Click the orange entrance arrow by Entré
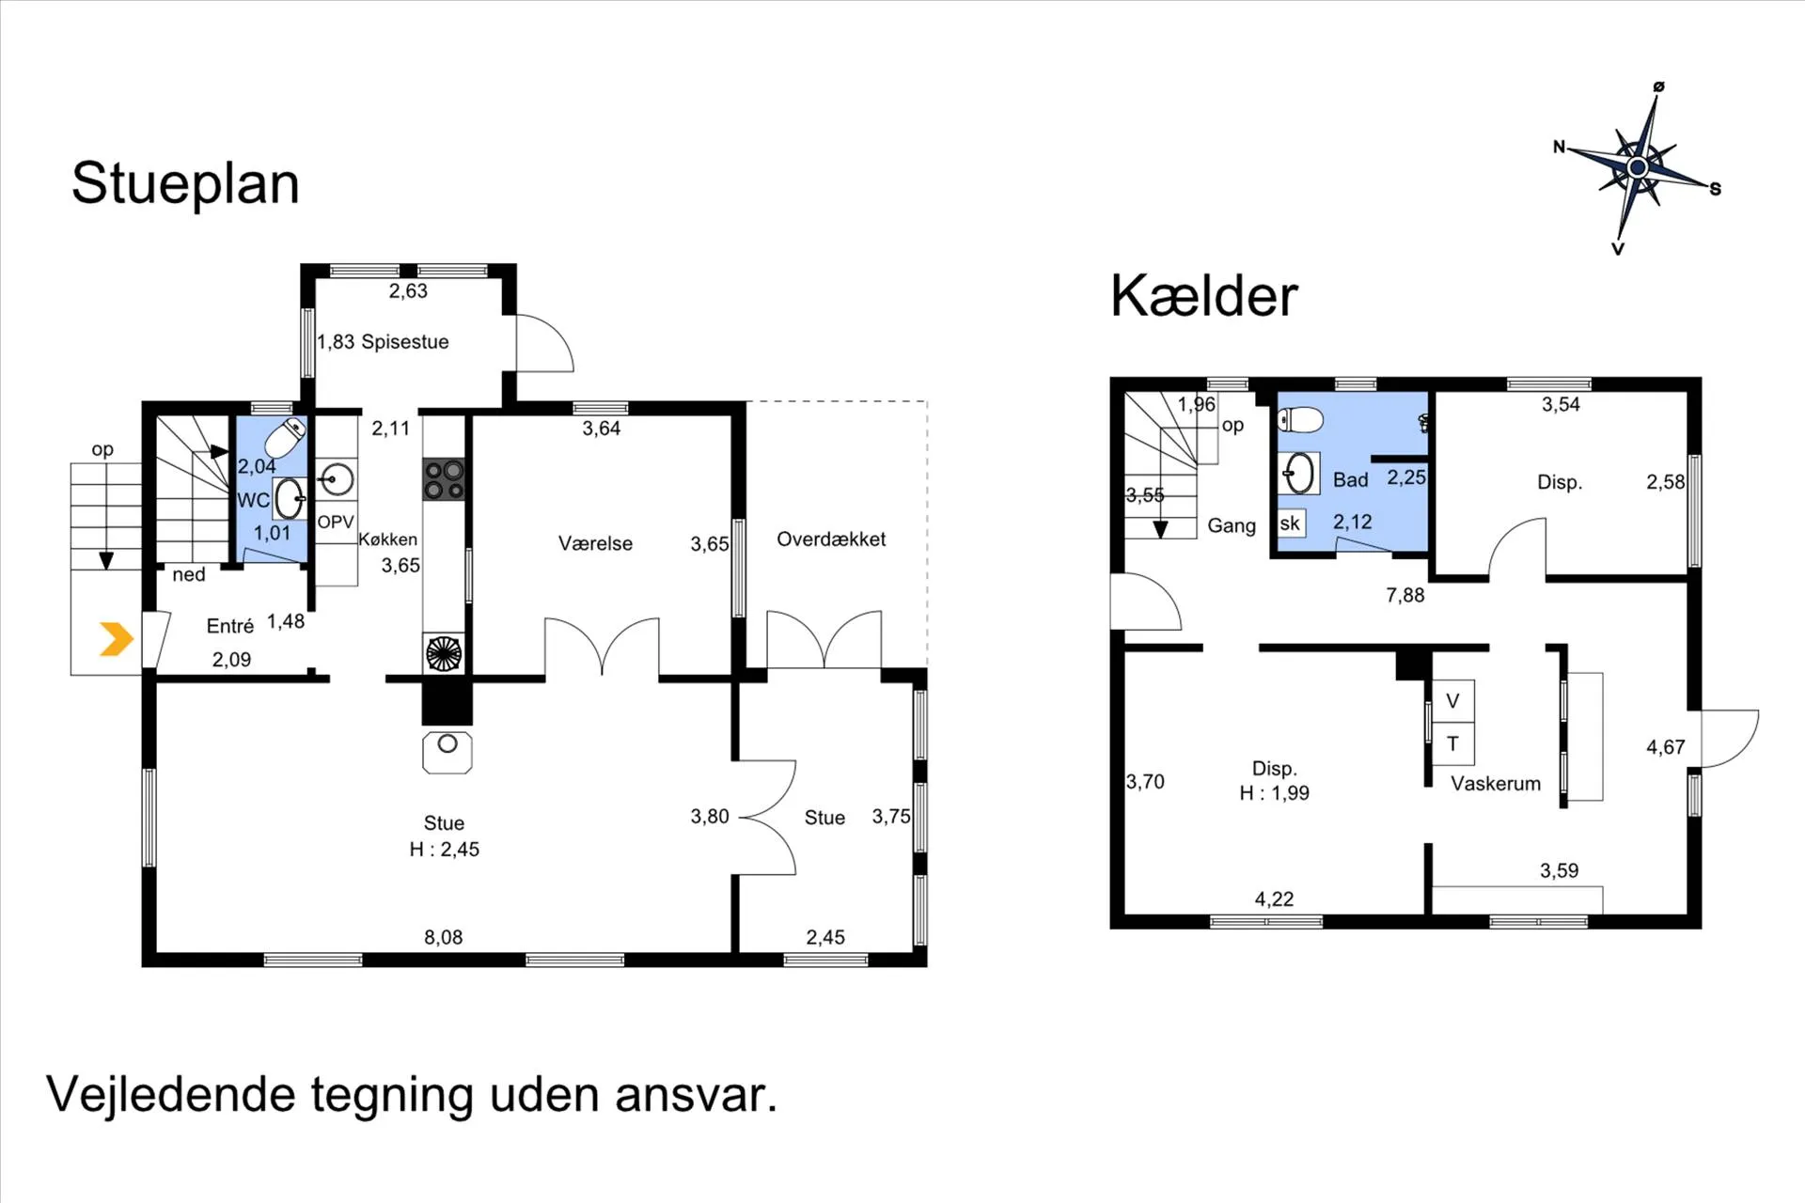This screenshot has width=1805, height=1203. pyautogui.click(x=118, y=639)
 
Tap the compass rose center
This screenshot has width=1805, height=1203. pyautogui.click(x=1638, y=167)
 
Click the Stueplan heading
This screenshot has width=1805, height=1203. pyautogui.click(x=185, y=183)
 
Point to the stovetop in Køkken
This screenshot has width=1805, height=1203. pyautogui.click(x=445, y=479)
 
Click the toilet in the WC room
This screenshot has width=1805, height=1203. pyautogui.click(x=285, y=437)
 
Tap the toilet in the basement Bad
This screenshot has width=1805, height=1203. pyautogui.click(x=1301, y=419)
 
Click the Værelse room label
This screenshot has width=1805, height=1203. pyautogui.click(x=595, y=543)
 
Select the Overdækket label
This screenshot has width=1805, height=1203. pyautogui.click(x=831, y=539)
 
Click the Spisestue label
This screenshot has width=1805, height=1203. pyautogui.click(x=405, y=342)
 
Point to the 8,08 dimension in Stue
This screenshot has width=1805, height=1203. pyautogui.click(x=443, y=937)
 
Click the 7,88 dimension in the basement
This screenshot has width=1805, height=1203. pyautogui.click(x=1405, y=595)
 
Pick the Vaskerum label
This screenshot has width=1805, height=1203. pyautogui.click(x=1496, y=784)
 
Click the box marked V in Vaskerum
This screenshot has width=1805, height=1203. pyautogui.click(x=1452, y=701)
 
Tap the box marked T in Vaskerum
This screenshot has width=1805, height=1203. pyautogui.click(x=1452, y=743)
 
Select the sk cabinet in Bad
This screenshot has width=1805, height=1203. pyautogui.click(x=1290, y=523)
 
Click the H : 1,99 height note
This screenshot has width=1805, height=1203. pyautogui.click(x=1274, y=793)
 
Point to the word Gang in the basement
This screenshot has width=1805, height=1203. pyautogui.click(x=1232, y=526)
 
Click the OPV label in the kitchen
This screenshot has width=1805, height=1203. pyautogui.click(x=336, y=523)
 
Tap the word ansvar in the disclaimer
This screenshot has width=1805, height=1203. pyautogui.click(x=696, y=1095)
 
